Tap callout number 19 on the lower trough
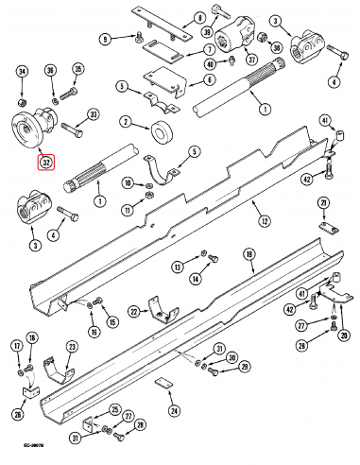pyautogui.click(x=249, y=254)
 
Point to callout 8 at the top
pyautogui.click(x=199, y=18)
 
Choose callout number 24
pyautogui.click(x=173, y=410)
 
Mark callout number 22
pyautogui.click(x=133, y=312)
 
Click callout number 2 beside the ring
pyautogui.click(x=124, y=121)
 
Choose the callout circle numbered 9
pyautogui.click(x=106, y=38)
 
